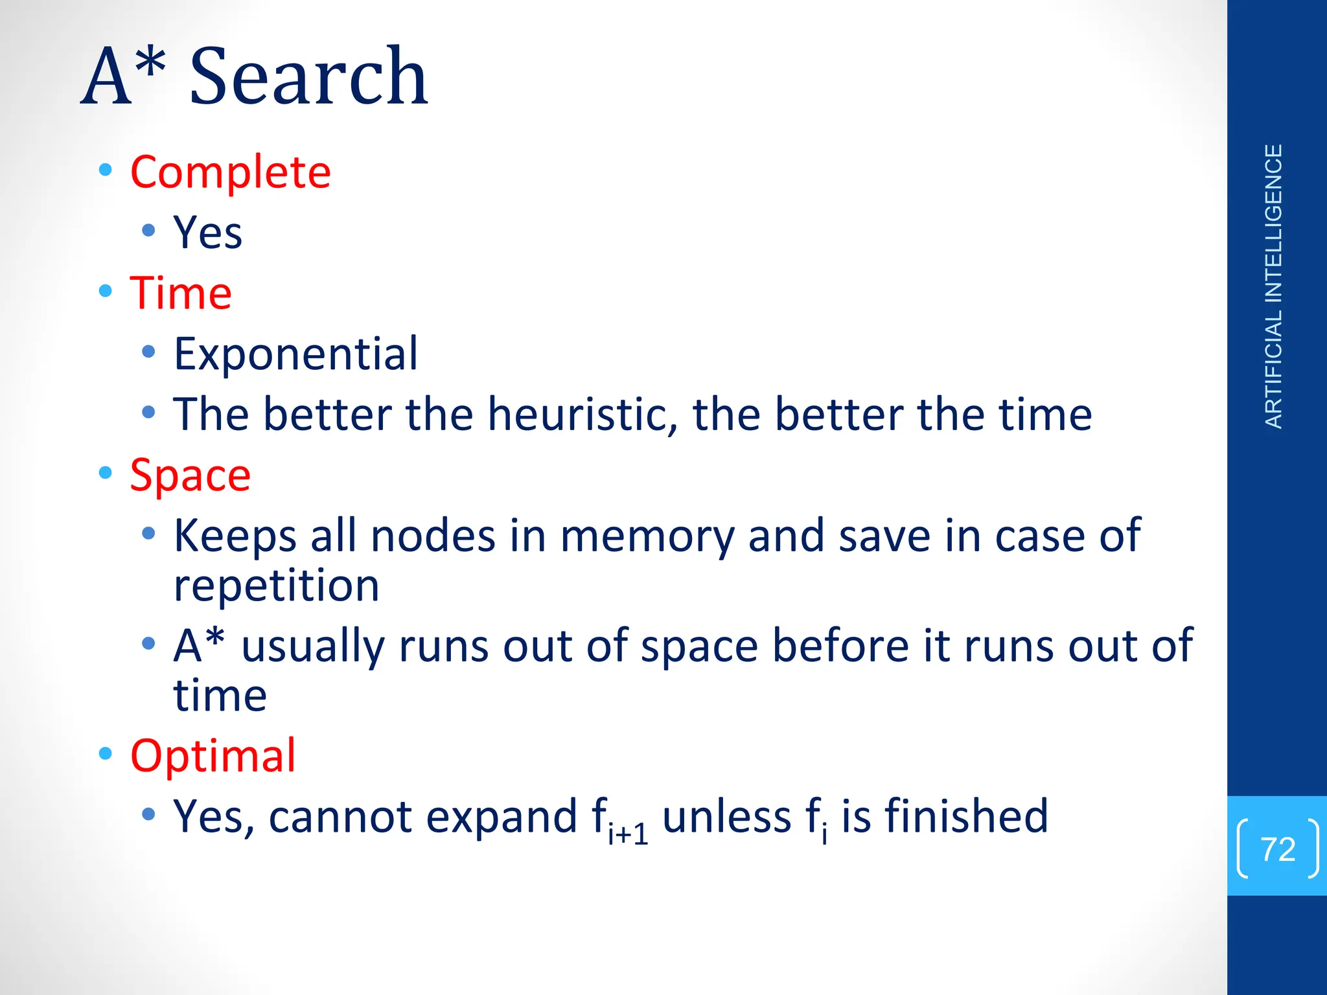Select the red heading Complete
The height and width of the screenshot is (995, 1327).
pyautogui.click(x=230, y=172)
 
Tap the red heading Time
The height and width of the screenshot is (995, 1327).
pyautogui.click(x=181, y=293)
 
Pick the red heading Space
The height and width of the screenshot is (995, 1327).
pyautogui.click(x=190, y=475)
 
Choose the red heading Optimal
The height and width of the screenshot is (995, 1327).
pyautogui.click(x=213, y=755)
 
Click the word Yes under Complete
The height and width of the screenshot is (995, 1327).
pyautogui.click(x=207, y=233)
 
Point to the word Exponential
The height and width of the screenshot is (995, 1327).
pyautogui.click(x=295, y=354)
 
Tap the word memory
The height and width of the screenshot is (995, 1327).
pyautogui.click(x=647, y=536)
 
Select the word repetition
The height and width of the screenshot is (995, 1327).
pyautogui.click(x=276, y=586)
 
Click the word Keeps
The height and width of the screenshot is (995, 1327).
pyautogui.click(x=235, y=536)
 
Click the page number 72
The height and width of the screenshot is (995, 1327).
pyautogui.click(x=1278, y=849)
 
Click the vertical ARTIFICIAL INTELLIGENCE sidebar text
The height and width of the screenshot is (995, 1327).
pyautogui.click(x=1273, y=286)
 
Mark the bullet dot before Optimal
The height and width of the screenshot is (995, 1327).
pyautogui.click(x=106, y=753)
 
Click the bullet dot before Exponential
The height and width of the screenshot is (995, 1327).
pyautogui.click(x=148, y=352)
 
